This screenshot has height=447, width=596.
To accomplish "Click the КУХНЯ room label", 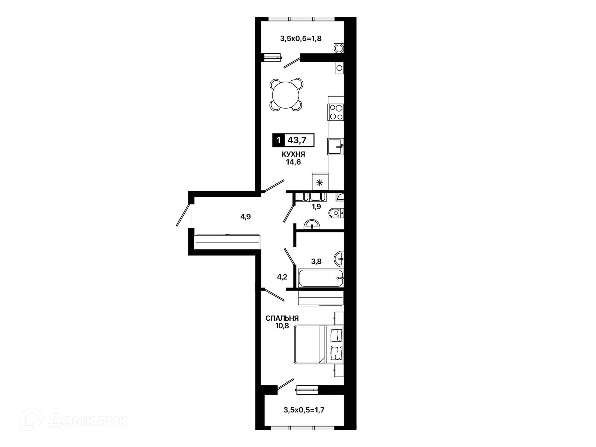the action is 293,154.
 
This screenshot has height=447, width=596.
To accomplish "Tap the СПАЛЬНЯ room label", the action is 282,318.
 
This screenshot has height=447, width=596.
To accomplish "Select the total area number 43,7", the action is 297,140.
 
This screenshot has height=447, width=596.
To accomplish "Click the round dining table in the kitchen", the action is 286,95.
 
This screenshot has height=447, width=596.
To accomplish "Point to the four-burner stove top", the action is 336,112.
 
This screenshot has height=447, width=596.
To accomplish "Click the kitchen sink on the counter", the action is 336,147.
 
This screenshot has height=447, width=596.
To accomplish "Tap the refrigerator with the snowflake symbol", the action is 320,182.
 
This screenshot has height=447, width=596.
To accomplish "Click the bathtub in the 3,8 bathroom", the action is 321,278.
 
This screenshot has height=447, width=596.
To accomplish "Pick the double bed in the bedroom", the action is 319,344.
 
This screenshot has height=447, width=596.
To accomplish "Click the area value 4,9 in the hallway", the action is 245,217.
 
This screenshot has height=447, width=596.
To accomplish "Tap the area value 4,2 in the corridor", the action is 282,277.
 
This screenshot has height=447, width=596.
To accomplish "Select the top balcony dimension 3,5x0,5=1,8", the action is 301,38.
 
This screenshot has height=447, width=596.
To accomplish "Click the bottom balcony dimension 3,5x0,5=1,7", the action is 304,410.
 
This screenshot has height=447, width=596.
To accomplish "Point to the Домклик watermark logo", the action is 74,420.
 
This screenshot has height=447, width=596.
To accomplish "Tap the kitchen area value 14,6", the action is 293,162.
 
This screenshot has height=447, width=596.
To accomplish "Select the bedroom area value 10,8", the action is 282,326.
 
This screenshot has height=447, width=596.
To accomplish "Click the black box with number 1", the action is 278,140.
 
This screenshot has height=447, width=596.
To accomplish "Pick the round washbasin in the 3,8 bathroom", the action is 339,259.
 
